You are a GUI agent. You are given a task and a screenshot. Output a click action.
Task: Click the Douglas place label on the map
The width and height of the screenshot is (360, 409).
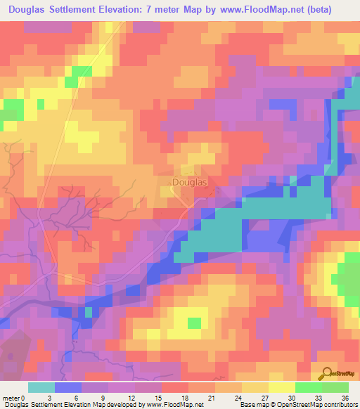coord(190,182)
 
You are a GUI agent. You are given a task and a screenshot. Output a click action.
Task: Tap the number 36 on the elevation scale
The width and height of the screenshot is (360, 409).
coord(345,397)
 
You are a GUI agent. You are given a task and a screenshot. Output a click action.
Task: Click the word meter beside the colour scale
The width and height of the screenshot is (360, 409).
coord(13,397)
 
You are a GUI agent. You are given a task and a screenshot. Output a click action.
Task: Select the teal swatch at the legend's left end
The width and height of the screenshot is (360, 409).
coord(41,387)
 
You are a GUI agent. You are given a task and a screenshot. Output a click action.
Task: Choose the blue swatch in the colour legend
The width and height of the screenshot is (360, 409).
coord(68,387)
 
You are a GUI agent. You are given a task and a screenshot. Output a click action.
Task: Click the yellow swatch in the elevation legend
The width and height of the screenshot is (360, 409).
coord(281,387)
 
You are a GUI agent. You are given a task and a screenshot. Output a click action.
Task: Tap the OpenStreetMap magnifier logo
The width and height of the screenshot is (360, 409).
coord(326,374)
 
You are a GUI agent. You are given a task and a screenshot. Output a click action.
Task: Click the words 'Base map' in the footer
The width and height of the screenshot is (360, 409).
coord(252,405)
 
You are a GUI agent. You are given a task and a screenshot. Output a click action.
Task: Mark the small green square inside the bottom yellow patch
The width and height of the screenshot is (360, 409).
coord(194,323)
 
